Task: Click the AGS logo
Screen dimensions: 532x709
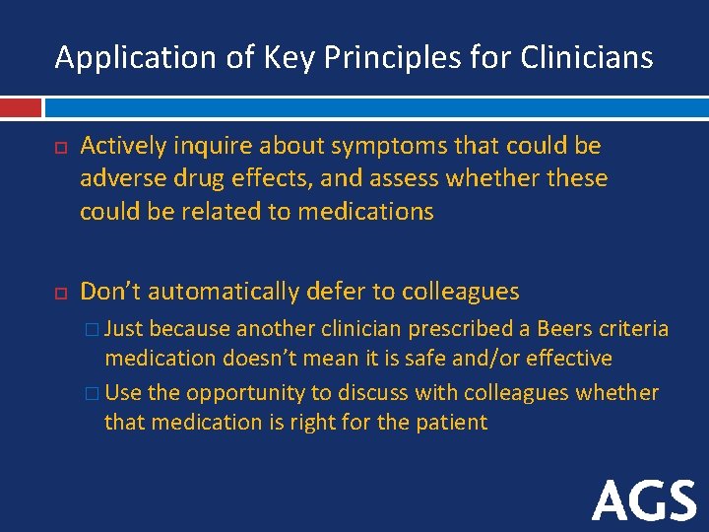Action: [645, 501]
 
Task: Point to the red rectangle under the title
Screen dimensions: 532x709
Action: [21, 107]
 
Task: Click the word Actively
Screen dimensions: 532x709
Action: [121, 147]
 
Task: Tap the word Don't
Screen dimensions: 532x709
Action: [110, 292]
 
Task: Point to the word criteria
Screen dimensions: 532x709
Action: [635, 328]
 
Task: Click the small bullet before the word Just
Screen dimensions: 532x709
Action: [92, 329]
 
